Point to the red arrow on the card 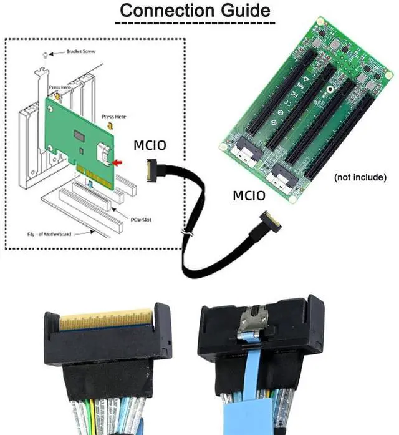tap(118, 162)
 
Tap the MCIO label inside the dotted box tap(150, 146)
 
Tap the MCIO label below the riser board tap(249, 196)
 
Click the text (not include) tap(360, 177)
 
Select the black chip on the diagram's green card tap(80, 134)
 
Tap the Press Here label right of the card tap(113, 117)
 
